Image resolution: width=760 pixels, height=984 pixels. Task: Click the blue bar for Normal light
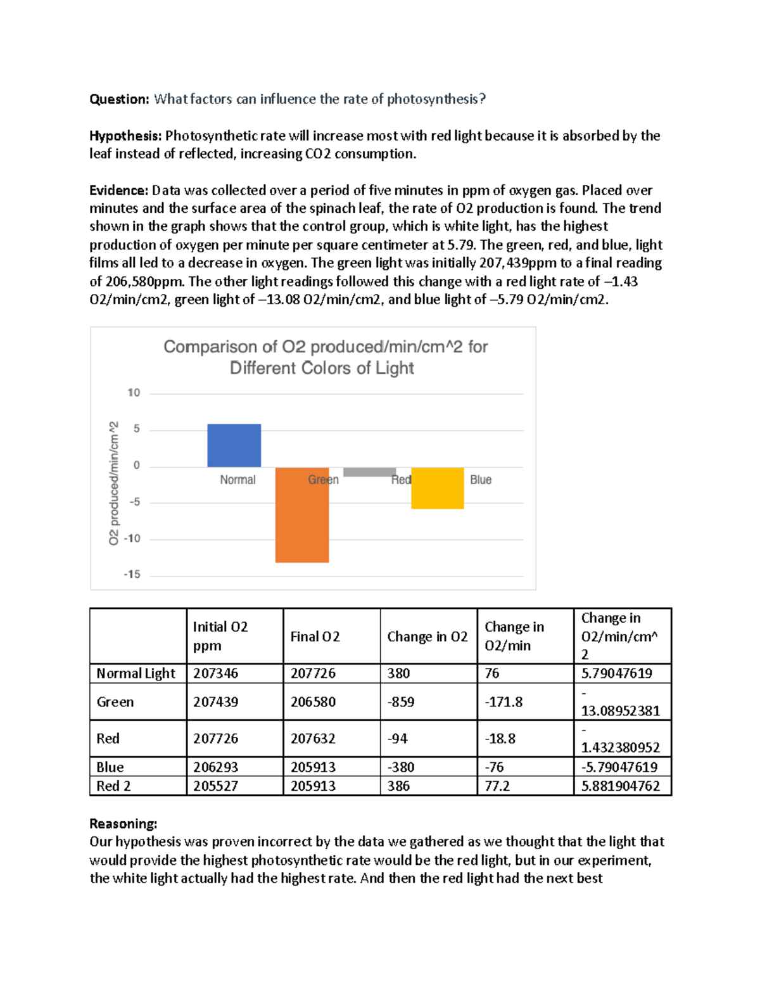pyautogui.click(x=234, y=445)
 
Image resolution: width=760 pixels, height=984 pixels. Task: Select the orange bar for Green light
pyautogui.click(x=302, y=514)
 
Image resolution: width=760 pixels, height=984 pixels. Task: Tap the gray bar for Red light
pyautogui.click(x=369, y=472)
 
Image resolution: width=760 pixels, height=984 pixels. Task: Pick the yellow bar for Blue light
pyautogui.click(x=437, y=488)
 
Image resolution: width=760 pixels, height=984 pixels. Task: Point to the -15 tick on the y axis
pyautogui.click(x=132, y=574)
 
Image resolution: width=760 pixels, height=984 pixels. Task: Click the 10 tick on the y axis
pyautogui.click(x=134, y=393)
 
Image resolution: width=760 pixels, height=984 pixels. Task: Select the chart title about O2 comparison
pyautogui.click(x=325, y=357)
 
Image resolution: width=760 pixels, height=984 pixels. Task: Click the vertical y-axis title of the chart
pyautogui.click(x=113, y=483)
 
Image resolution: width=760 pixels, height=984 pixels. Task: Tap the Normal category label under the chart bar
pyautogui.click(x=237, y=480)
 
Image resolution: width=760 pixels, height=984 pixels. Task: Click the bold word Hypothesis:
pyautogui.click(x=125, y=136)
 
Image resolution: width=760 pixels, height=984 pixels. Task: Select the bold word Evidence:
pyautogui.click(x=118, y=190)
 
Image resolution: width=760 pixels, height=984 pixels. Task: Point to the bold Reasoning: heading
pyautogui.click(x=123, y=824)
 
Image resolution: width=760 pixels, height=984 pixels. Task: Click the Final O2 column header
pyautogui.click(x=315, y=637)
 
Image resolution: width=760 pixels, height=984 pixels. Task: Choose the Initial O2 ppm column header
pyautogui.click(x=220, y=636)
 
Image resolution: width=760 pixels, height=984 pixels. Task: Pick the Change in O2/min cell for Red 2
pyautogui.click(x=497, y=786)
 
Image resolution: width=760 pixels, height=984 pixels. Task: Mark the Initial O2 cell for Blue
pyautogui.click(x=215, y=767)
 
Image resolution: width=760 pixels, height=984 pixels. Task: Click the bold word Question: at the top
pyautogui.click(x=119, y=99)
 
